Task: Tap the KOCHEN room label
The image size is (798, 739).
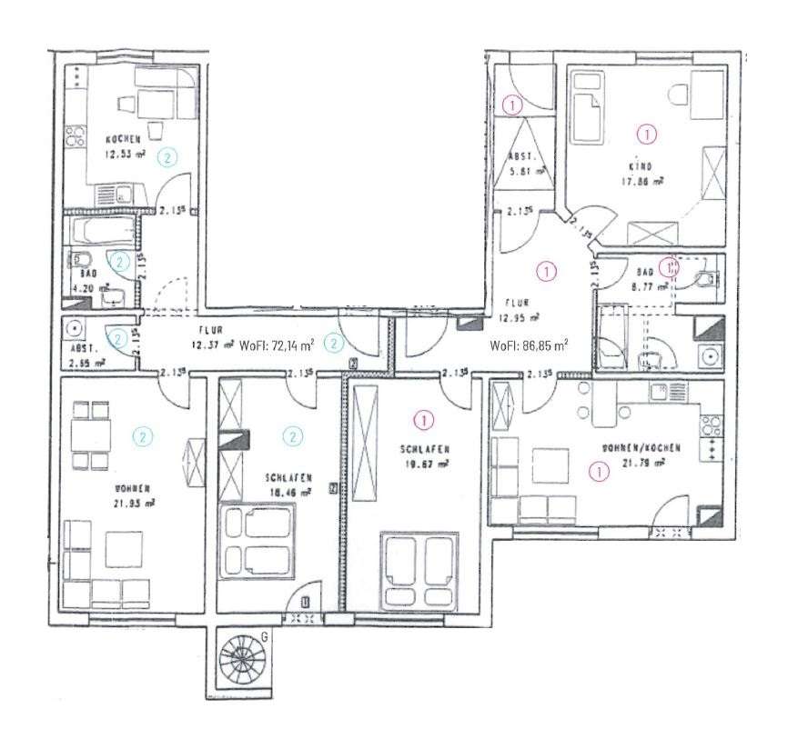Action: [x=123, y=139]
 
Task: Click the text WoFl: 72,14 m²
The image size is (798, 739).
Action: [x=277, y=345]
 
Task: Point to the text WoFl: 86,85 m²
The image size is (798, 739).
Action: [x=529, y=345]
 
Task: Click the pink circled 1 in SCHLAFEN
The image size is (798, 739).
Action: [x=423, y=419]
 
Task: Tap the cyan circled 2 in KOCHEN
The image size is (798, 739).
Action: [x=167, y=157]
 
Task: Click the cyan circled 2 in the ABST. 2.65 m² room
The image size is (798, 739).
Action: [x=116, y=338]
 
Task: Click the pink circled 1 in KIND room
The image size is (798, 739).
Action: [x=647, y=135]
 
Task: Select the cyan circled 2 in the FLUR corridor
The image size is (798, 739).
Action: [x=335, y=343]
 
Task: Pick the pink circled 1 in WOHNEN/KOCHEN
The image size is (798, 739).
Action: [x=599, y=471]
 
